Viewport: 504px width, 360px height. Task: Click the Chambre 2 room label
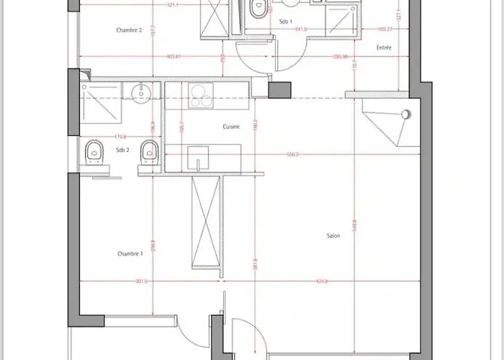point(130,30)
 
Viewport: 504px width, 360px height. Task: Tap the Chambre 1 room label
point(130,254)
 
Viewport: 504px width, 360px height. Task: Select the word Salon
point(333,235)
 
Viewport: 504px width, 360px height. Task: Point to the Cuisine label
point(230,126)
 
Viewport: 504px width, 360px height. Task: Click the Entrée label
point(383,48)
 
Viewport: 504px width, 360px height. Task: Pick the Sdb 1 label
point(286,22)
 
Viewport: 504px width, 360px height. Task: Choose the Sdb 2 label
point(122,150)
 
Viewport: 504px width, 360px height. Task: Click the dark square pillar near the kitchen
point(279,90)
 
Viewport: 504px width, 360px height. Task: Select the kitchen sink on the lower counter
point(197,156)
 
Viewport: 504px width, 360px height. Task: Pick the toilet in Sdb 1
point(257,7)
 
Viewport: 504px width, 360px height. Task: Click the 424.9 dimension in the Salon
point(321,281)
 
